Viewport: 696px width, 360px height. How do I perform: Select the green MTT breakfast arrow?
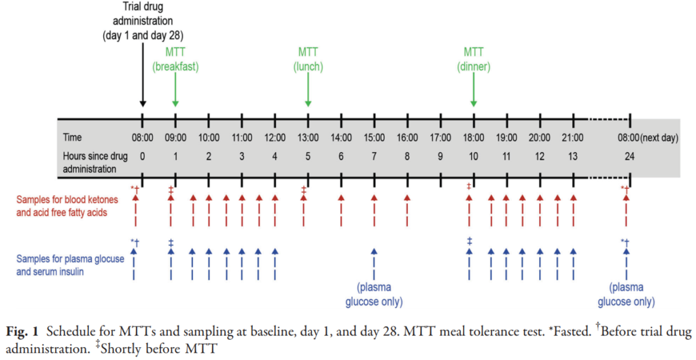point(175,88)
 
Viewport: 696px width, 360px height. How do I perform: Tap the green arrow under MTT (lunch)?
point(308,88)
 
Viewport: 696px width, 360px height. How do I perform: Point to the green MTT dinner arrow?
point(474,88)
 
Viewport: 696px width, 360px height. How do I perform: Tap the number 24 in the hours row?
point(631,155)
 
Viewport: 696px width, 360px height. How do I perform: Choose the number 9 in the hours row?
point(440,155)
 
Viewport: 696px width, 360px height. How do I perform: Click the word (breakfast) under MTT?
point(175,67)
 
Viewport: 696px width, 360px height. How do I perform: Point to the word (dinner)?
point(474,67)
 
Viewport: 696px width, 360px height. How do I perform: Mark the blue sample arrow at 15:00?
point(374,262)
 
